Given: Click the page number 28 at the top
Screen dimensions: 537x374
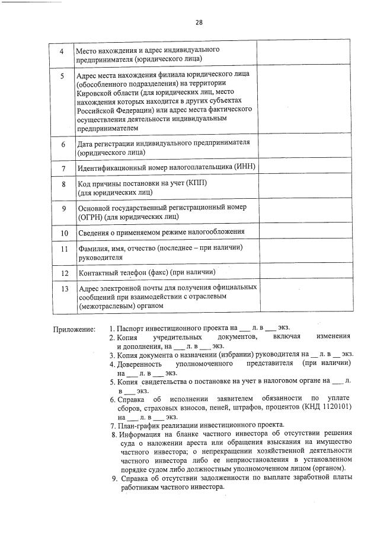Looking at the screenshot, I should (x=199, y=23).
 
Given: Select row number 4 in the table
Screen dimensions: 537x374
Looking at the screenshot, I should (x=62, y=52).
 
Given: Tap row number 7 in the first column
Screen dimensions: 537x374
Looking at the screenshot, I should (x=62, y=168).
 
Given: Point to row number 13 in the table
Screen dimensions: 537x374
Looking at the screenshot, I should (x=62, y=288).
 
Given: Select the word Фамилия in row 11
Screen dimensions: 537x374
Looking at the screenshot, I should (x=94, y=248).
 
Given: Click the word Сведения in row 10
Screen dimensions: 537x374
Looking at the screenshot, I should (x=95, y=232).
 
